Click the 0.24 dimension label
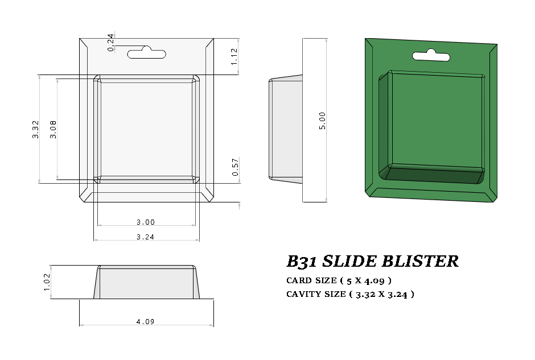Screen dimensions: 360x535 (x=111, y=43)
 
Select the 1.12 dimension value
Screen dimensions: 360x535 (x=234, y=56)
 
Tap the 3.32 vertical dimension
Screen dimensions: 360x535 (x=36, y=129)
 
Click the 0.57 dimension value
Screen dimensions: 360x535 (x=234, y=167)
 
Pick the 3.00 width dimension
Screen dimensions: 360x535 (x=146, y=222)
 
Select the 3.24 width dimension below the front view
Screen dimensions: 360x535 (x=146, y=237)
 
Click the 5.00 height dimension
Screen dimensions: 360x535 (x=322, y=121)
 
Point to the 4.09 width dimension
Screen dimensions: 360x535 (x=146, y=322)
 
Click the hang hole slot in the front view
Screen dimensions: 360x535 (x=146, y=54)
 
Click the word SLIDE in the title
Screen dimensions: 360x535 (x=348, y=262)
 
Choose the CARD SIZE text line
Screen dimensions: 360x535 (x=339, y=280)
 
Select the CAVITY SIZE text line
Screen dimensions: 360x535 (x=350, y=294)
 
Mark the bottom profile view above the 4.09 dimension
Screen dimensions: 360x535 (x=146, y=283)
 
